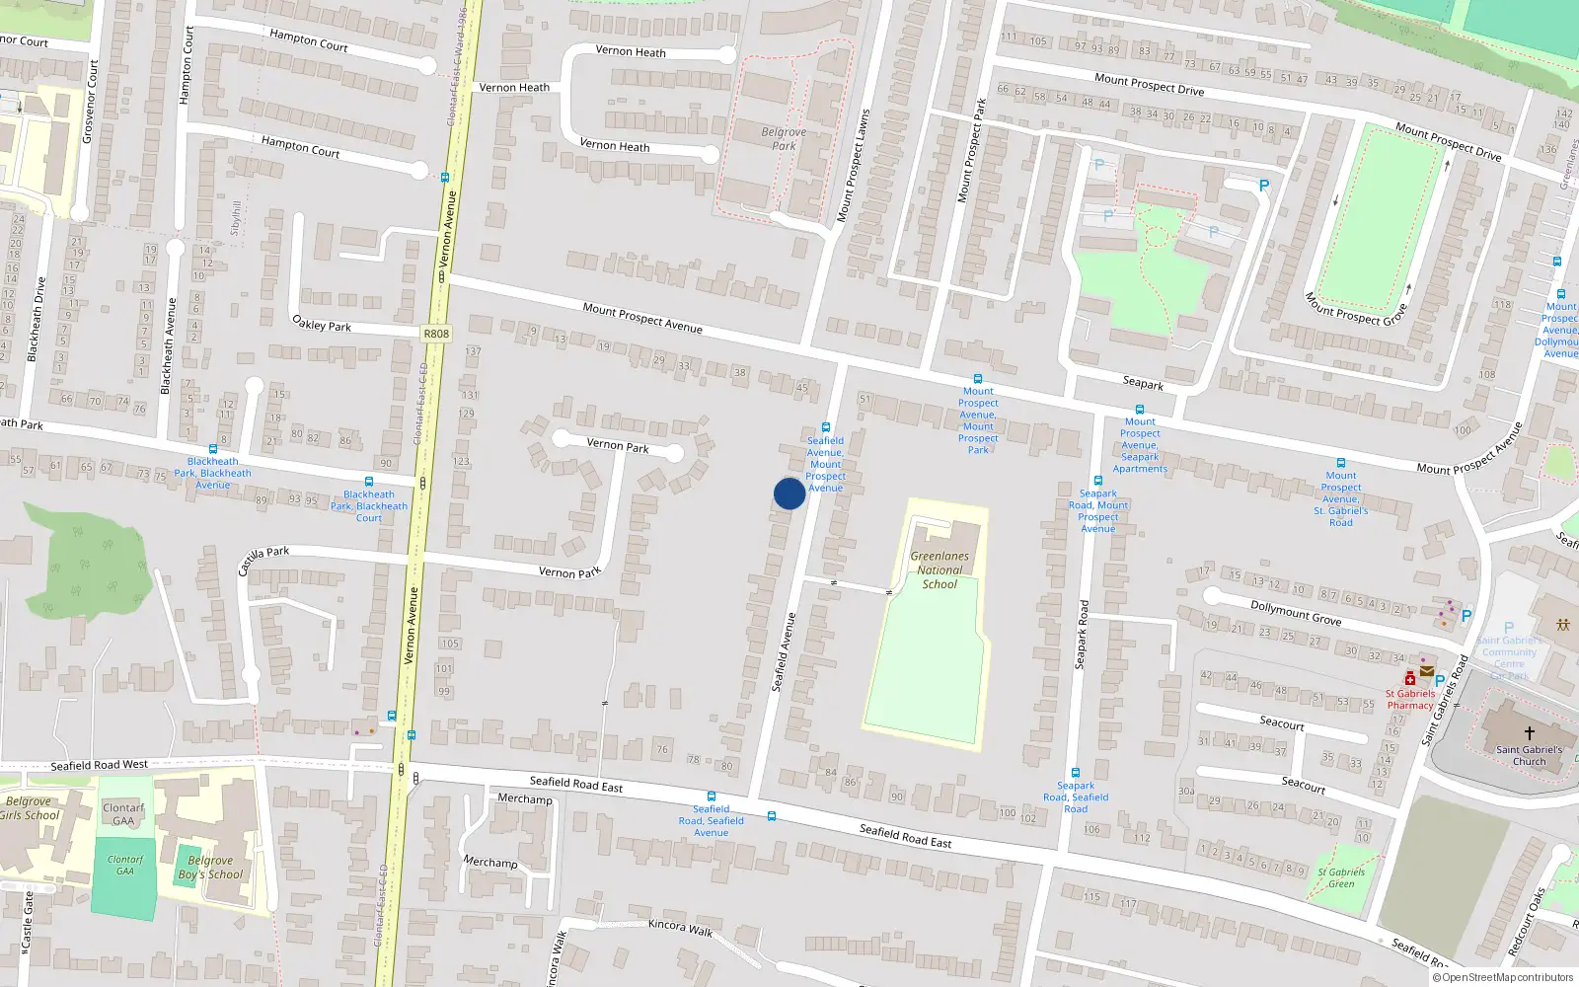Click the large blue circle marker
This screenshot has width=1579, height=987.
(789, 493)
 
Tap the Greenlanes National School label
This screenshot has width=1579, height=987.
(940, 569)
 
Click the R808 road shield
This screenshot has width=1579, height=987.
(435, 334)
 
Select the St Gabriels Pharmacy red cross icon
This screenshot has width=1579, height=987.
(1410, 678)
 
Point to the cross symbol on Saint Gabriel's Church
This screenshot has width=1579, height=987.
(1529, 733)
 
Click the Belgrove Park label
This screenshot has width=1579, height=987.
(784, 138)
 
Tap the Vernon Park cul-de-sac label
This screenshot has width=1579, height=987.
(618, 445)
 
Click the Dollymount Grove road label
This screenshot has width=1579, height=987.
(1296, 613)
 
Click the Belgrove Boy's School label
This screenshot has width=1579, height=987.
(210, 867)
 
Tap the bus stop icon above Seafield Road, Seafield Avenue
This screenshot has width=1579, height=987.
(711, 797)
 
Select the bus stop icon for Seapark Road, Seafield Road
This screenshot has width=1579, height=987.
(1076, 773)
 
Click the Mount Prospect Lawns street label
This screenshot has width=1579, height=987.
(854, 165)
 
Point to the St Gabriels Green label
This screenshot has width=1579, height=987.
(1341, 877)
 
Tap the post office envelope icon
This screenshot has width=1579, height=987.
(1427, 671)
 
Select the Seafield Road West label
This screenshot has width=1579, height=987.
(99, 765)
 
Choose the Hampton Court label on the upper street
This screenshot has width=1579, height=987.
(309, 39)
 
